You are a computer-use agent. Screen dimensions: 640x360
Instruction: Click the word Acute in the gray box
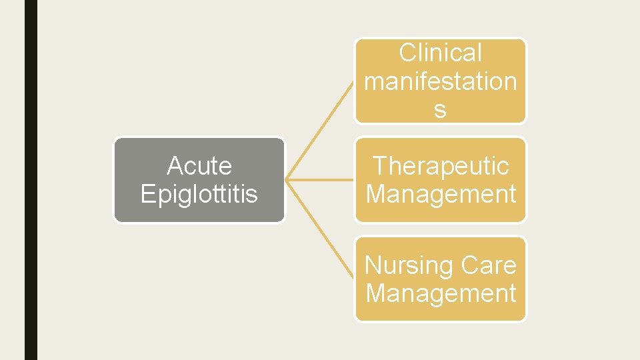199,165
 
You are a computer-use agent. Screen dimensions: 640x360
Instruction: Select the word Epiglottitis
199,194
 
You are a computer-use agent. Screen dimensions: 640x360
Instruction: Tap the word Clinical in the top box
440,53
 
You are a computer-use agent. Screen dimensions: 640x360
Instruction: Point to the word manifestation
440,81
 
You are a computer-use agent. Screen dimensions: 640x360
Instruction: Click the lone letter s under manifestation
440,110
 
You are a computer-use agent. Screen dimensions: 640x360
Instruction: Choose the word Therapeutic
441,165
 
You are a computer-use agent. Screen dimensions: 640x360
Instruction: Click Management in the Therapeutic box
441,194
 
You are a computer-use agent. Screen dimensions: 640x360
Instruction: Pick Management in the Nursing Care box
441,293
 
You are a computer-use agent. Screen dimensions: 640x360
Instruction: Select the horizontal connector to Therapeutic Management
320,180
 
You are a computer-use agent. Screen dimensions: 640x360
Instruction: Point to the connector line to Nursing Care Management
320,229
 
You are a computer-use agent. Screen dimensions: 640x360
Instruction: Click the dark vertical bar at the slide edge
31,180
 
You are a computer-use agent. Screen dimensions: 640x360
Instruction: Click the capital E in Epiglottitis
147,193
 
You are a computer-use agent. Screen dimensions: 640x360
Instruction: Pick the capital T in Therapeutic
379,165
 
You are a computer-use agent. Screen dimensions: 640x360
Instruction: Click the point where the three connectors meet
286,180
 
